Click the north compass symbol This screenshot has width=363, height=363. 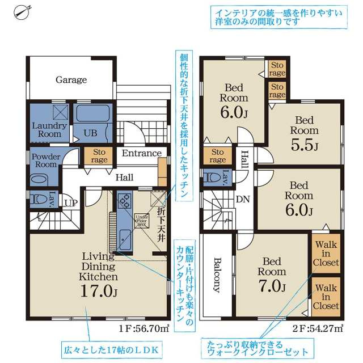pyautogui.click(x=22, y=12)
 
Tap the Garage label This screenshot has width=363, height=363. pyautogui.click(x=71, y=80)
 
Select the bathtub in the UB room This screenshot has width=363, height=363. pyautogui.click(x=93, y=113)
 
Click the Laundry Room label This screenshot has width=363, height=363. pyautogui.click(x=49, y=130)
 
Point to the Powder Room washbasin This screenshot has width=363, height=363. pyautogui.click(x=39, y=179)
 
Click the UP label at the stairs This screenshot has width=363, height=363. pyautogui.click(x=71, y=203)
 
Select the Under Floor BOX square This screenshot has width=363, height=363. pyautogui.click(x=142, y=221)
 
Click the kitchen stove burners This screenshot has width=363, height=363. pyautogui.click(x=125, y=201)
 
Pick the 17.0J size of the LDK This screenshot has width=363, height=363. pyautogui.click(x=99, y=291)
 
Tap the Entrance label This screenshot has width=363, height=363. pyautogui.click(x=142, y=153)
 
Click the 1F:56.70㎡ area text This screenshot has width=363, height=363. pyautogui.click(x=144, y=328)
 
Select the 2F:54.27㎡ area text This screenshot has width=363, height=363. pyautogui.click(x=318, y=328)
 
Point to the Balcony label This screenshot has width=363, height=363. pyautogui.click(x=217, y=275)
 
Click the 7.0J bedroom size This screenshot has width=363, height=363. pyautogui.click(x=272, y=286)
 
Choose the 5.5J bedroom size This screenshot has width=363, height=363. pyautogui.click(x=305, y=145)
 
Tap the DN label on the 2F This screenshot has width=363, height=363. pyautogui.click(x=243, y=199)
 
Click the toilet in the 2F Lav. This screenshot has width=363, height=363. pyautogui.click(x=212, y=178)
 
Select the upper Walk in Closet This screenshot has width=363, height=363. pyautogui.click(x=326, y=254)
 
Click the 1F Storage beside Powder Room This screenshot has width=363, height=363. pyautogui.click(x=99, y=156)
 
